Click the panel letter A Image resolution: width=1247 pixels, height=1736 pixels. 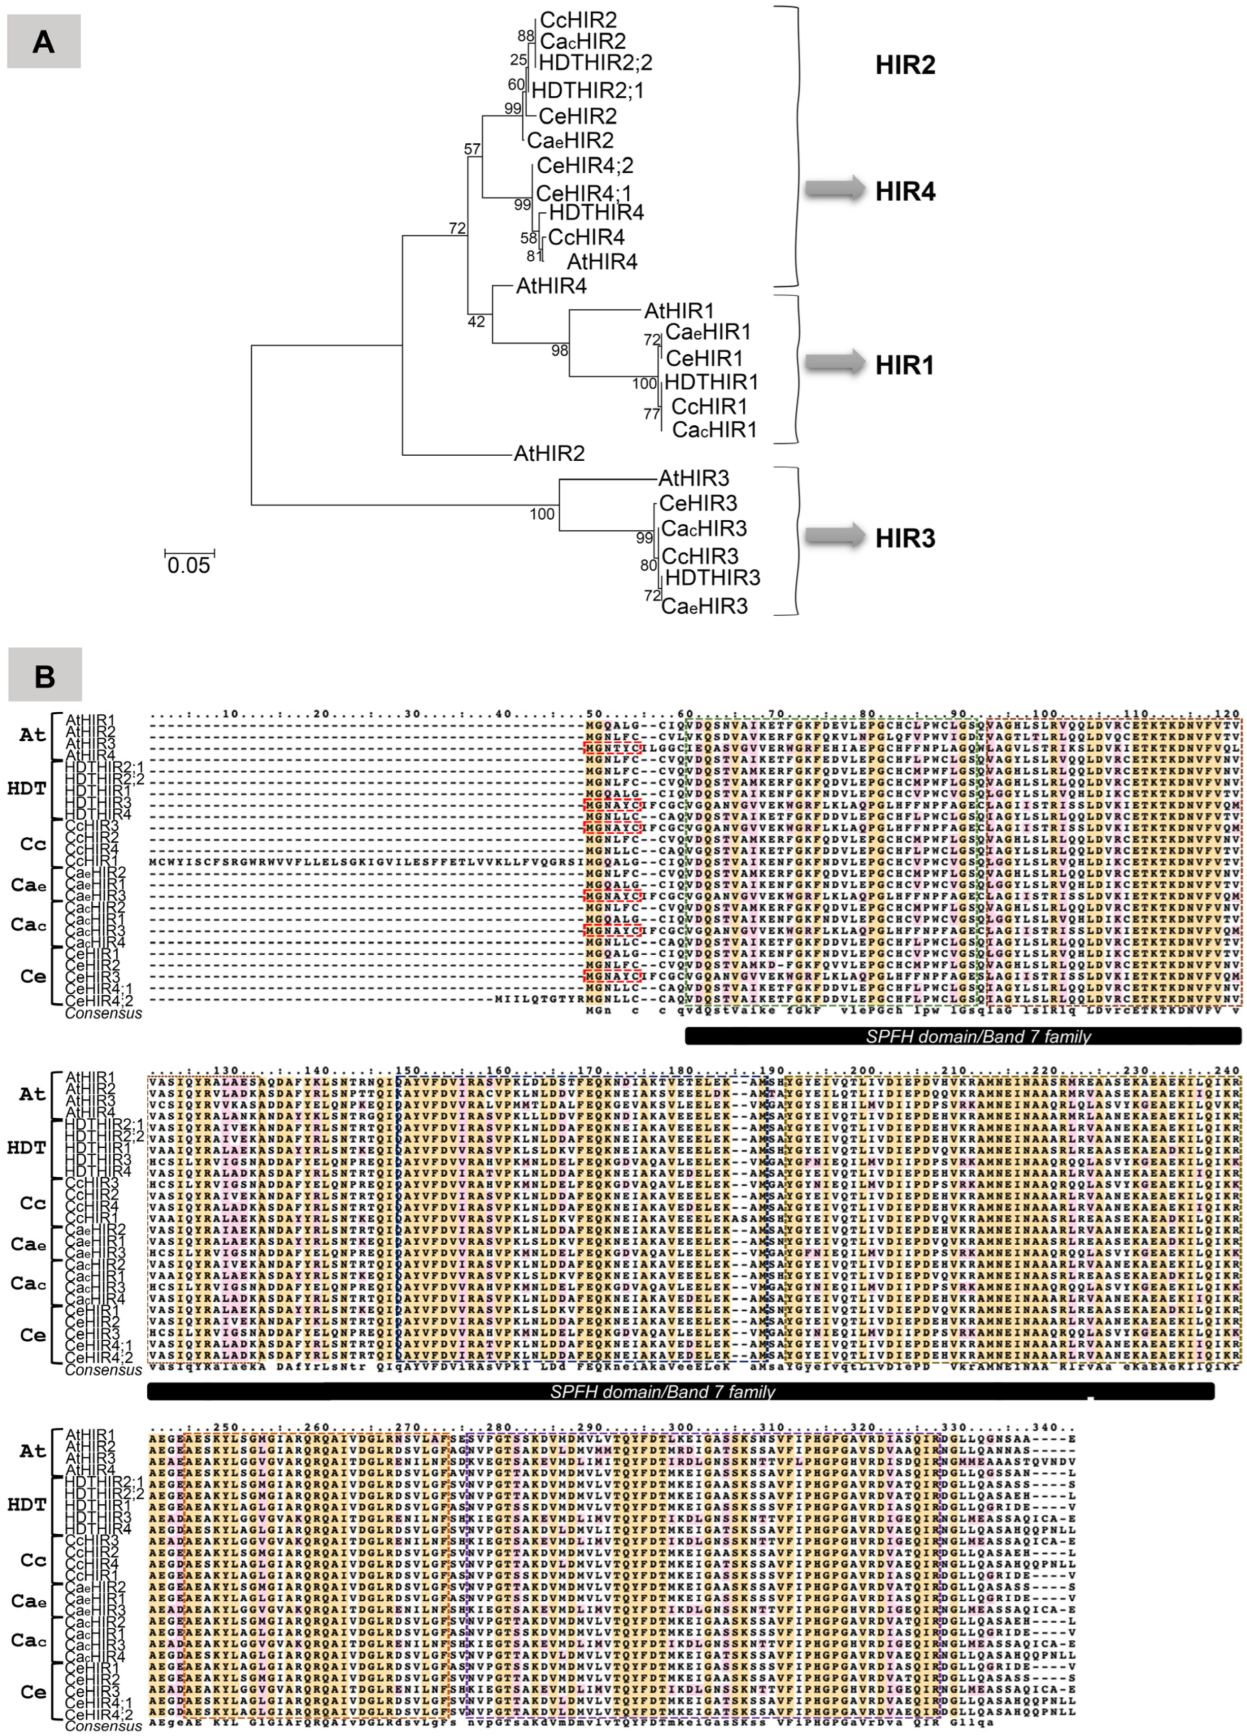pos(44,41)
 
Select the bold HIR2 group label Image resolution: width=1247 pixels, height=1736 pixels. pos(906,65)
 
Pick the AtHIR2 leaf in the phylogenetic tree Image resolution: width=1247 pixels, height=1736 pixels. pos(549,454)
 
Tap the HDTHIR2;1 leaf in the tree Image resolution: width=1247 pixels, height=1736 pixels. pos(587,90)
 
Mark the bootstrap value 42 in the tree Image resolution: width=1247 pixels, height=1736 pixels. pos(475,322)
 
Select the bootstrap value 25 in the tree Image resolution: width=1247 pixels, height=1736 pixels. pos(518,60)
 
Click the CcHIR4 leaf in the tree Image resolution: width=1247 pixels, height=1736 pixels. pos(586,237)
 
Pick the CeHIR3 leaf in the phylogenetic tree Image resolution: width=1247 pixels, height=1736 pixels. pos(697,503)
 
